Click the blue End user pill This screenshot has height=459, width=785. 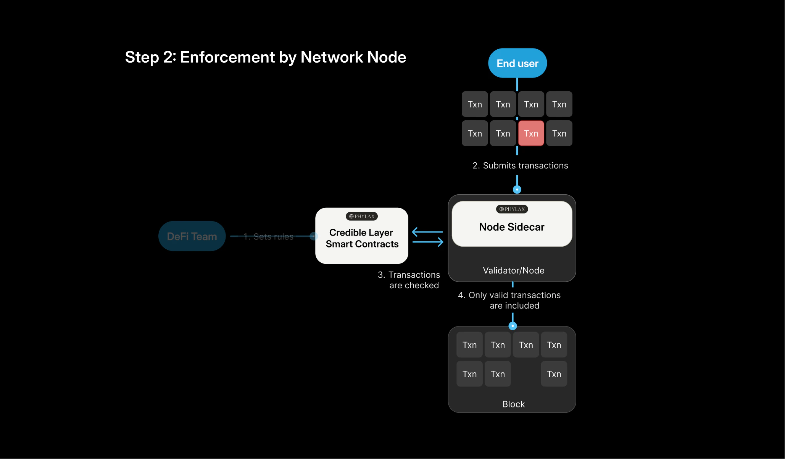tap(517, 63)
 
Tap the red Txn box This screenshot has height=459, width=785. tap(531, 133)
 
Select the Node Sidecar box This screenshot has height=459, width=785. tap(511, 227)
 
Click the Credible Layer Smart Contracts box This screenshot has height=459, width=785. tap(361, 238)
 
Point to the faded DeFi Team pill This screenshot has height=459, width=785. tap(192, 236)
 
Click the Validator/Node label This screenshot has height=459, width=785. tap(513, 270)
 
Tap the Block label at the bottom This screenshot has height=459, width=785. tap(513, 404)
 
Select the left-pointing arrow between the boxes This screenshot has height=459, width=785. tap(427, 231)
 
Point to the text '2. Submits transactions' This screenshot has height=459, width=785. tap(520, 165)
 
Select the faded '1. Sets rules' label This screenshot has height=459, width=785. tap(268, 236)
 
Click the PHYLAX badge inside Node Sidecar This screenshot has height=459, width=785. tap(512, 209)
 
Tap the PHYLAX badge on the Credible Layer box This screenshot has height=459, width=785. tap(361, 216)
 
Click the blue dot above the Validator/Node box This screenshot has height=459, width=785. tap(517, 189)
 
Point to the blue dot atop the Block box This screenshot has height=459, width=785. tap(513, 326)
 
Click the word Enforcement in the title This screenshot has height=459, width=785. tap(227, 57)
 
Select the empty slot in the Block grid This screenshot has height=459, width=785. tap(525, 374)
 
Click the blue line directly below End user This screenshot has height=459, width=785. tap(517, 84)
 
